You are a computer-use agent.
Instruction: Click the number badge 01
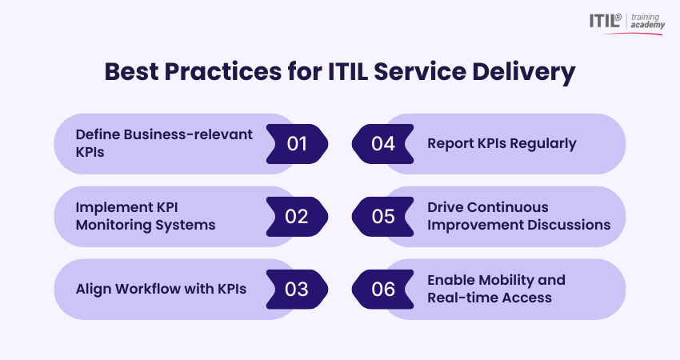(297, 144)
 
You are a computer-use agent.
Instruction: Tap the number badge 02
(297, 217)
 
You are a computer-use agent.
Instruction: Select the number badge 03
(297, 290)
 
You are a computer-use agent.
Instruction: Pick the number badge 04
(382, 144)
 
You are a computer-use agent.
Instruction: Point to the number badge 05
(382, 217)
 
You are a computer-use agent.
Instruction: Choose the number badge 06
(382, 290)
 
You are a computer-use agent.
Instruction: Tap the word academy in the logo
(647, 26)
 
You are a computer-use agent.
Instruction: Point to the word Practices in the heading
(223, 71)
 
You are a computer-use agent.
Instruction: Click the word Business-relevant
(188, 134)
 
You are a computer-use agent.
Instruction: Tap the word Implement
(111, 208)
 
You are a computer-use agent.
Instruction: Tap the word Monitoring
(114, 226)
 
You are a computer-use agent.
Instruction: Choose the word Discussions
(569, 225)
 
